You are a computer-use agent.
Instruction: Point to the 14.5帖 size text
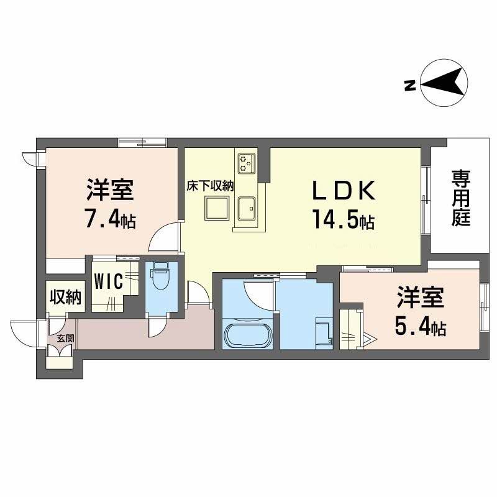pos(343,221)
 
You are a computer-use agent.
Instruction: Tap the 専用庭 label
pos(460,199)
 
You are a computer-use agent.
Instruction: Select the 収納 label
pos(65,298)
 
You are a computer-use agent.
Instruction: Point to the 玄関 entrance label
pos(65,339)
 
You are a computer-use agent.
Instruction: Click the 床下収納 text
pos(211,185)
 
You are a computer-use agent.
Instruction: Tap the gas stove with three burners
pos(246,163)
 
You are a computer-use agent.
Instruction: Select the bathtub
pos(246,336)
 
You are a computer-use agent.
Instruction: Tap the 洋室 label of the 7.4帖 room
pos(109,190)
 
